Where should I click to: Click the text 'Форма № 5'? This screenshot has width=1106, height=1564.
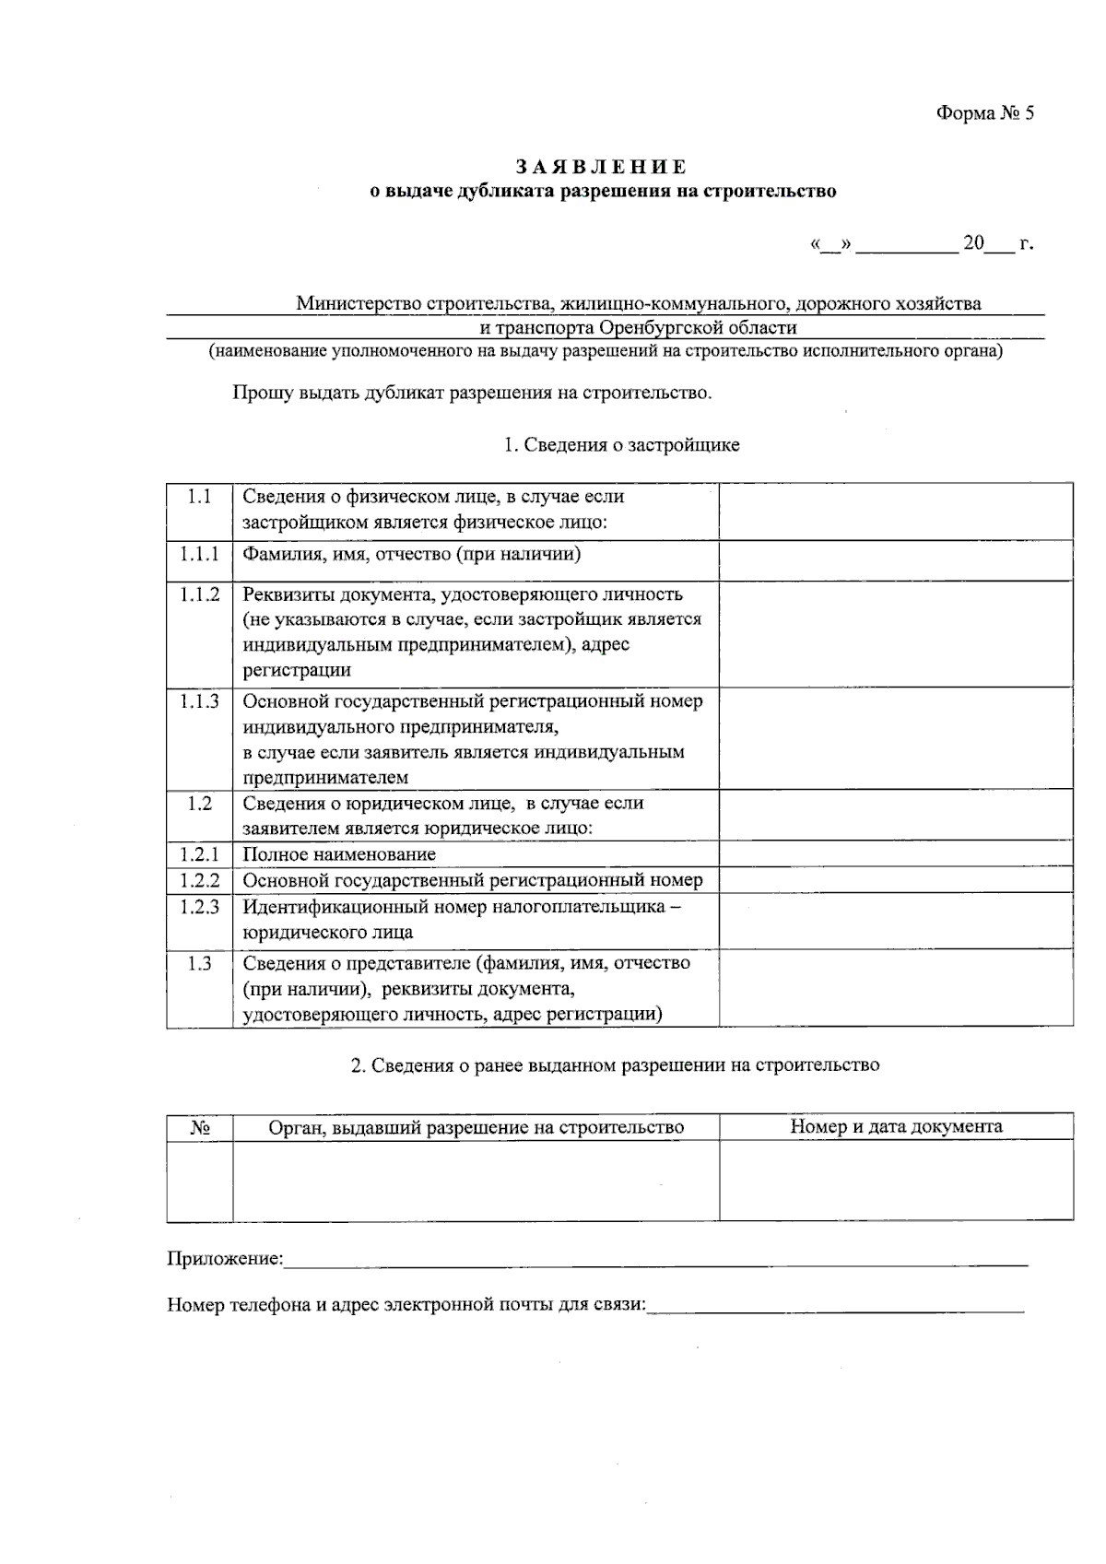point(985,113)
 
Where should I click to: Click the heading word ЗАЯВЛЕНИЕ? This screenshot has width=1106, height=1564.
point(601,167)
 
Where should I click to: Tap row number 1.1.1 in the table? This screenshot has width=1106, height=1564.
point(199,554)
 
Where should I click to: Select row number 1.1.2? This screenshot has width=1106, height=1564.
point(199,594)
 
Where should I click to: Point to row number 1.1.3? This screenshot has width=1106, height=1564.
point(199,701)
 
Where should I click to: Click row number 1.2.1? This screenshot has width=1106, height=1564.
point(199,854)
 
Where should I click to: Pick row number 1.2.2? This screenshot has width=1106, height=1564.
point(199,880)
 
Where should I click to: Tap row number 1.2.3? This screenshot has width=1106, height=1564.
point(199,907)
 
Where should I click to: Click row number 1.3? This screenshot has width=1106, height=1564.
point(199,963)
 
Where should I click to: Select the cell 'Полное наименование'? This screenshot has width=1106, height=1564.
point(339,854)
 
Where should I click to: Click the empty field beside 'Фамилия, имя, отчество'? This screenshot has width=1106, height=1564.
point(895,559)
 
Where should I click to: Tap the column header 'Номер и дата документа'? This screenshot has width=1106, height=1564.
point(895,1126)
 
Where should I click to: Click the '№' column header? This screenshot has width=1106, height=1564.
point(199,1127)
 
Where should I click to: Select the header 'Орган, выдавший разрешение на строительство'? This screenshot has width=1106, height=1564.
point(476,1127)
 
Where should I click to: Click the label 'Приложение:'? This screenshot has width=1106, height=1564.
point(225,1259)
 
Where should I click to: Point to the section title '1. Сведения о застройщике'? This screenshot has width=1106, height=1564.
point(621,445)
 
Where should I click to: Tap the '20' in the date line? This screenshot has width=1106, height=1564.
point(973,243)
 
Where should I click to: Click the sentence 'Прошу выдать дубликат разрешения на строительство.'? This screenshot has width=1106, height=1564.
point(472,394)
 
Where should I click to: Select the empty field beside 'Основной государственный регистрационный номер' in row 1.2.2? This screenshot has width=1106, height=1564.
point(895,880)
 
